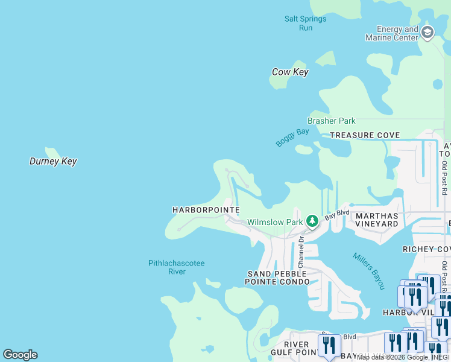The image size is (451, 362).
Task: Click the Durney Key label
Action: (x=53, y=162)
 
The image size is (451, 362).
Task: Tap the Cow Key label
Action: (x=290, y=72)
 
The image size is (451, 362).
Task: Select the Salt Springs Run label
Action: (x=306, y=24)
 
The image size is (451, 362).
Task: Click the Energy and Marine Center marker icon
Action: (x=427, y=33)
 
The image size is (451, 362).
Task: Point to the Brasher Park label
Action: (x=332, y=121)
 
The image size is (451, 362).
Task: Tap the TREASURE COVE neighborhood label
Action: (x=365, y=135)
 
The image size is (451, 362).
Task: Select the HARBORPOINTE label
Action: (x=206, y=210)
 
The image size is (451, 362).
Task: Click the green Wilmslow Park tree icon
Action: (x=312, y=221)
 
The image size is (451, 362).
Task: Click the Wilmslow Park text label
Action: (x=275, y=222)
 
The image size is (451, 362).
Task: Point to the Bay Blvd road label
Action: (x=337, y=214)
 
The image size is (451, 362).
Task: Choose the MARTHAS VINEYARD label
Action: (x=377, y=220)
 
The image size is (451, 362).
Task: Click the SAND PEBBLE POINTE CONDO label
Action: (x=277, y=278)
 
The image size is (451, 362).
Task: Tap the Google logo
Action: (x=20, y=355)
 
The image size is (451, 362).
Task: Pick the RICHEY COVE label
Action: (x=426, y=249)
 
